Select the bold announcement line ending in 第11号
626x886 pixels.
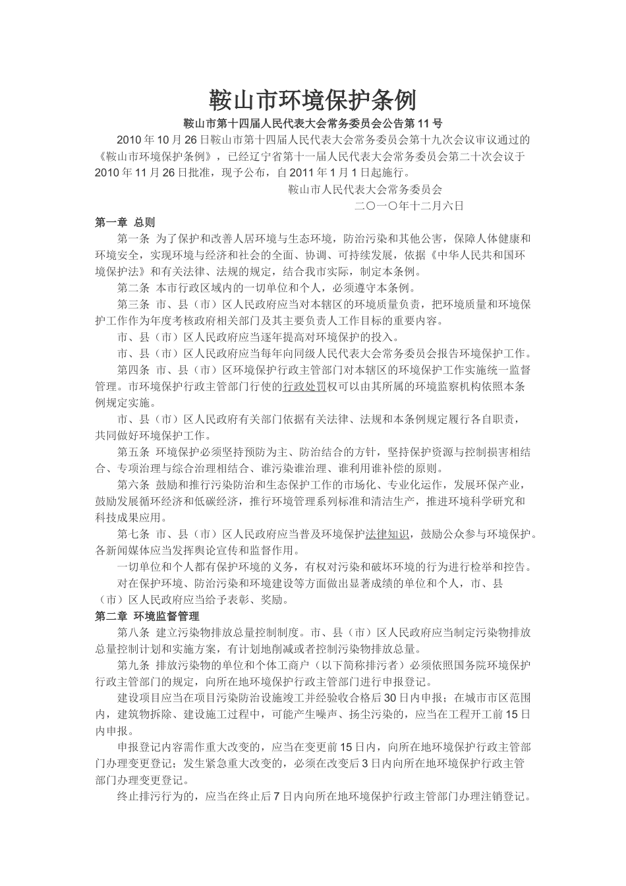312,123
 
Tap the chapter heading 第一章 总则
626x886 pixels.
125,221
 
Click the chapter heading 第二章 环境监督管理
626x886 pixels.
147,616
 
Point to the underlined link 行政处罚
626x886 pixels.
304,386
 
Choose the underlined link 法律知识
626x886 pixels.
387,534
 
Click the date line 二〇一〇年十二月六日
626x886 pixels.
409,206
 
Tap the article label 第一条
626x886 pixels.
134,238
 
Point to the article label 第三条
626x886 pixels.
134,305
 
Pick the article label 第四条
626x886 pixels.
134,370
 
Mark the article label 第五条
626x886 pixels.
134,452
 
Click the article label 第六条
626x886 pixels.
134,485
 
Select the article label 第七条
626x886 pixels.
134,534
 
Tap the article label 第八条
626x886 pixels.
134,633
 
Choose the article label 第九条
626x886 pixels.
134,665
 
